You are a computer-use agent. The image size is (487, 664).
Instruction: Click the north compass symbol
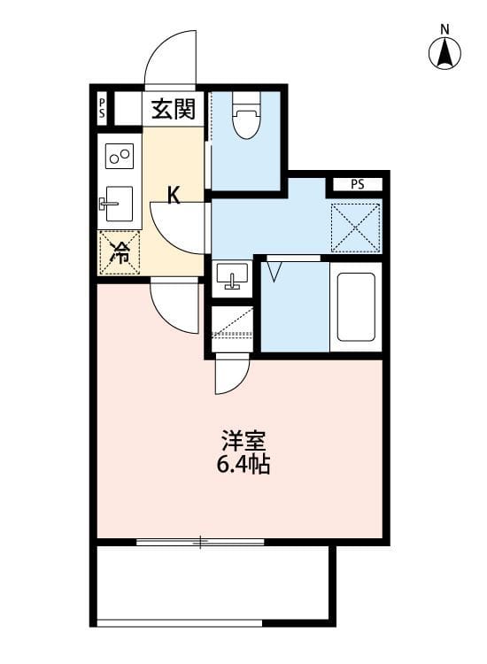coord(445,50)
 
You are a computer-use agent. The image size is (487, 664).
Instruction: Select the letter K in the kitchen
coord(174,196)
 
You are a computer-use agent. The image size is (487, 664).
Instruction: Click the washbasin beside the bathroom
coord(233,276)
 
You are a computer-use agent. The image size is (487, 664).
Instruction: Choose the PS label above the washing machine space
coord(356,185)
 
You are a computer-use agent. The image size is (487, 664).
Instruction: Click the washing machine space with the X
coord(355,227)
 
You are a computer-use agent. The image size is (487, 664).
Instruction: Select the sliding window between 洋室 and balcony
coord(201,541)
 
